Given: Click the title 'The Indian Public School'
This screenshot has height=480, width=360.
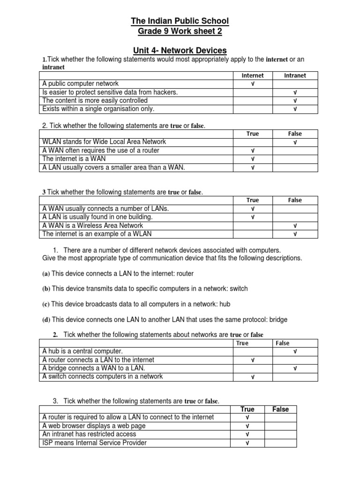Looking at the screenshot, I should pos(180,22).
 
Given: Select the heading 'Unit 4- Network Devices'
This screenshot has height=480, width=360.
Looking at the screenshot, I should pos(180,50).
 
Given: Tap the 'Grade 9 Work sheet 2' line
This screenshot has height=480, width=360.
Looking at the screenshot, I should pos(180,32).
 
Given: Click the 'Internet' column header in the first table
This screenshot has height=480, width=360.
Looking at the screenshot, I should pos(253,75).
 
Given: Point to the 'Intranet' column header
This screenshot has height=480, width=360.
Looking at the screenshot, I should pos(295,75).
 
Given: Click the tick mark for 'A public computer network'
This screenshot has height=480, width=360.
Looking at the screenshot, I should pos(253,84).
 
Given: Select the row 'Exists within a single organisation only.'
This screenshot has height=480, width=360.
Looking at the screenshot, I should pos(98,109).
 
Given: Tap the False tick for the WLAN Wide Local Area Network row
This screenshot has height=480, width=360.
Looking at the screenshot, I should pos(295,142).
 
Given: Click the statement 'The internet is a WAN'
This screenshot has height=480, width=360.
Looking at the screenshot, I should pos(74,159).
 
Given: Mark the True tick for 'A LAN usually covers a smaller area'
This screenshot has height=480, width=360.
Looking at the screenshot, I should pos(253,167).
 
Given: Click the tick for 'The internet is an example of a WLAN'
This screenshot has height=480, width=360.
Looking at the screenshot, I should pos(295,234).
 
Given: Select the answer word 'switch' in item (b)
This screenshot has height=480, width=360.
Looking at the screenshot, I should pos(238,289).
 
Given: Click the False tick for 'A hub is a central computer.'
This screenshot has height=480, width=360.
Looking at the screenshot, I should pos(295,351).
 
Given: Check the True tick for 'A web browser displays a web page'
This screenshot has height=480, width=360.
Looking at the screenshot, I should pos(247,426).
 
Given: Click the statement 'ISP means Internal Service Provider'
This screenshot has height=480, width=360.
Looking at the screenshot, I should pos(94,442).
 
